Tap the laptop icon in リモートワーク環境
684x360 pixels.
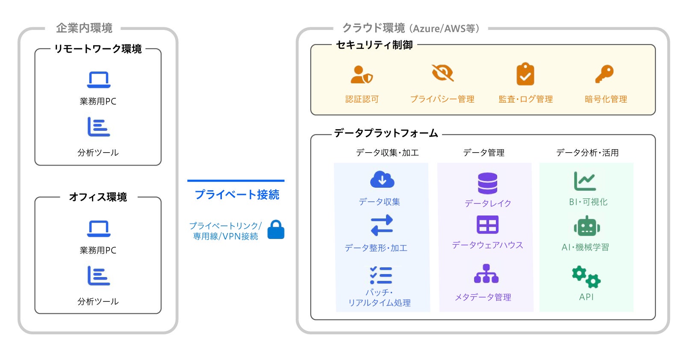pyautogui.click(x=99, y=80)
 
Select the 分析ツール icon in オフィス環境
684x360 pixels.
pyautogui.click(x=99, y=276)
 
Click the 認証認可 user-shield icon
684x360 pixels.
pyautogui.click(x=361, y=75)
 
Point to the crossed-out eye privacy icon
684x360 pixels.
pyautogui.click(x=442, y=73)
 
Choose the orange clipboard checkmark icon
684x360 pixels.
pyautogui.click(x=525, y=74)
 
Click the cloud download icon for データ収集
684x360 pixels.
pyautogui.click(x=382, y=180)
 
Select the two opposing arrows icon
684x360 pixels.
pyautogui.click(x=382, y=225)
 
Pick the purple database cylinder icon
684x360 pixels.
pyautogui.click(x=487, y=183)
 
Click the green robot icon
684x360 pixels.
pyautogui.click(x=587, y=226)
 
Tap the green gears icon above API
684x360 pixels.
pyautogui.click(x=587, y=277)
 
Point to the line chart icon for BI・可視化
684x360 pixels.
pyautogui.click(x=585, y=181)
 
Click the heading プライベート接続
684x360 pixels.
pyautogui.click(x=237, y=195)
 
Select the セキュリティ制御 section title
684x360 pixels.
pyautogui.click(x=374, y=45)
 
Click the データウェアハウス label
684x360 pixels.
pyautogui.click(x=487, y=245)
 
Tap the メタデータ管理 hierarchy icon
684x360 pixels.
pyautogui.click(x=486, y=274)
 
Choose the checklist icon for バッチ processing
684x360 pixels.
pyautogui.click(x=381, y=276)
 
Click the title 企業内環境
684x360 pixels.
pyautogui.click(x=84, y=28)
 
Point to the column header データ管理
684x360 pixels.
pyautogui.click(x=484, y=153)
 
